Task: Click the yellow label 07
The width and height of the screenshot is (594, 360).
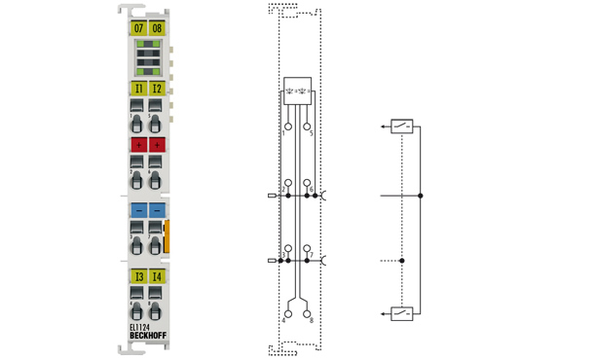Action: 138,28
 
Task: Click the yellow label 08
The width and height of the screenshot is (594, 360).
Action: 157,28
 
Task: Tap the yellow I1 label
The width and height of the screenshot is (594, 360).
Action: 138,89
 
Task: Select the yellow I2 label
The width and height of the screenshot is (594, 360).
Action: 157,89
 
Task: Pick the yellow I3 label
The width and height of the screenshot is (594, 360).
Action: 138,277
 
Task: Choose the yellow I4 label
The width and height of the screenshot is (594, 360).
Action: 157,277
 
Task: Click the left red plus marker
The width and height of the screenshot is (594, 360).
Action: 138,144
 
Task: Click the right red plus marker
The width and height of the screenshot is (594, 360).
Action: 157,144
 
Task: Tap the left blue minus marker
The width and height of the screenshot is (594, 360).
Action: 138,210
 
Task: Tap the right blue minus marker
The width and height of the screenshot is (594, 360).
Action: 157,210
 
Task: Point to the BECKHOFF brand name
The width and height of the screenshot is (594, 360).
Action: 148,337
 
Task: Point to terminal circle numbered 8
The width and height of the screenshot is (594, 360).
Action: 308,313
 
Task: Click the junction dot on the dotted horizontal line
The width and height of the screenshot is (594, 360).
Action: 403,261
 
